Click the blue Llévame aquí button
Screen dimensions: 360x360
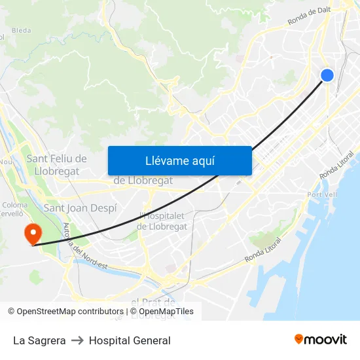coord(179,160)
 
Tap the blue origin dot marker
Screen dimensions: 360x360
coord(327,75)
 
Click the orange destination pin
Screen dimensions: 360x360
coord(31,233)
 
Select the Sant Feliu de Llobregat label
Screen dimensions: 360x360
coord(56,164)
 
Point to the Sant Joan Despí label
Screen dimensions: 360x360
coord(80,208)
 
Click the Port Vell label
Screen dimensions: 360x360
coord(322,194)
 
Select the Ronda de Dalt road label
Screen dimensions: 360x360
coord(309,15)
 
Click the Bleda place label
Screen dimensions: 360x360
coord(21,30)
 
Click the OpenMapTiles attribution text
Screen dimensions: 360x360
coord(166,312)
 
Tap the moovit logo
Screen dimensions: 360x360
coord(321,340)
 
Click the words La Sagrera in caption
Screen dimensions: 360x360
coord(39,340)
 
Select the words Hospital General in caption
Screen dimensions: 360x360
coord(130,340)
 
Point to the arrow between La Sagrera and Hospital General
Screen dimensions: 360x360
coord(77,340)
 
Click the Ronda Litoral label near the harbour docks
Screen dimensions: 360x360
coord(262,251)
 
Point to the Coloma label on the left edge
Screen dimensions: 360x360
coord(14,205)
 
